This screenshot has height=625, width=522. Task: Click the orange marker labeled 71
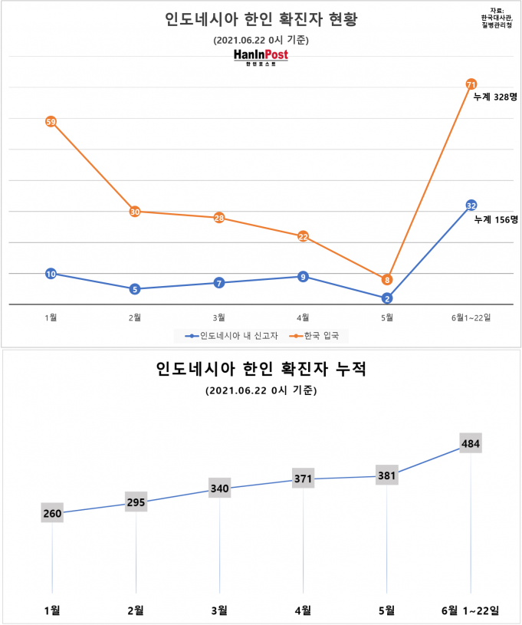471,84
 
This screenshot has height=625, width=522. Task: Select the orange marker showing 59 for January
51,121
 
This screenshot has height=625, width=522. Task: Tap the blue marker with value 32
471,205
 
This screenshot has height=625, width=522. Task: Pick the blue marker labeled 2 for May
387,298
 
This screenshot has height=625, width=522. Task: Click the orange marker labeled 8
387,280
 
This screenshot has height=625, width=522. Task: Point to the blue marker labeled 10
51,274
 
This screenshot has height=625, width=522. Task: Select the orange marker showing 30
135,212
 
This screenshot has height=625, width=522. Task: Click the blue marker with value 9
303,276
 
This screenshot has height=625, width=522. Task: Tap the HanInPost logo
261,58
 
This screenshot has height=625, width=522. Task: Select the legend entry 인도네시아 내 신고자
223,336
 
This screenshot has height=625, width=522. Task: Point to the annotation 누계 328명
495,97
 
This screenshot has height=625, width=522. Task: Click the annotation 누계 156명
495,219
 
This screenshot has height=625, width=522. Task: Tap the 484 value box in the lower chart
471,443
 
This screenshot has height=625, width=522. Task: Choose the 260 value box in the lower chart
52,513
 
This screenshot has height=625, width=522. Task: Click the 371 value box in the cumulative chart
304,479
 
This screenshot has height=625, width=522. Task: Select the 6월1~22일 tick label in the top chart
471,317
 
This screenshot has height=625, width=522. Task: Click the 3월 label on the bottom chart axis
219,610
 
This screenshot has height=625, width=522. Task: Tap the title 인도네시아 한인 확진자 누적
261,370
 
